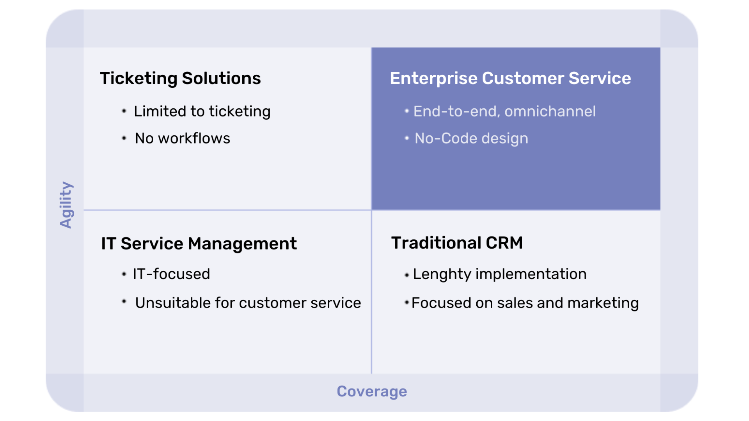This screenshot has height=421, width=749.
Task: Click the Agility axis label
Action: point(66,205)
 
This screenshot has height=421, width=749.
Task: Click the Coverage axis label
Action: point(372,391)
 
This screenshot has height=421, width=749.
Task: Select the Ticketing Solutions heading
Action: point(180,78)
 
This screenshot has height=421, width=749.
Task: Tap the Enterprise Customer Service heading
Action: point(510,78)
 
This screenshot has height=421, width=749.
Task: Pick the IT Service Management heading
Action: point(199,244)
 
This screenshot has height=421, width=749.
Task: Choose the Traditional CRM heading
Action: point(457,243)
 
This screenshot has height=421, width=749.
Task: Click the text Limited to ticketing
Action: point(202,111)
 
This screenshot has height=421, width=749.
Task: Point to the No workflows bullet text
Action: point(183,138)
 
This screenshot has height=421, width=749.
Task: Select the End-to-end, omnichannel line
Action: point(504,111)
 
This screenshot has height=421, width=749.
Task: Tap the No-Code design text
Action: point(471,139)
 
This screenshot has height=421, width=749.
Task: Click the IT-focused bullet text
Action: point(171,274)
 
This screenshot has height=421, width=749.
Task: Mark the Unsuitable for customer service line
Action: point(248,303)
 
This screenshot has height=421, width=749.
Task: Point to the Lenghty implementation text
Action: point(500,274)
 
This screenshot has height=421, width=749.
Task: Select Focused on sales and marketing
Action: point(525,303)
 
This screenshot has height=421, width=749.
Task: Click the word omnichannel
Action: point(550,111)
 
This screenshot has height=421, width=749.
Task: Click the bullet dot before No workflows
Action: point(124,138)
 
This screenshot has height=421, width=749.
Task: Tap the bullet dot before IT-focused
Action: point(124,274)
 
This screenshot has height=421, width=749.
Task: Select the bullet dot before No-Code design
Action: point(406,138)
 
